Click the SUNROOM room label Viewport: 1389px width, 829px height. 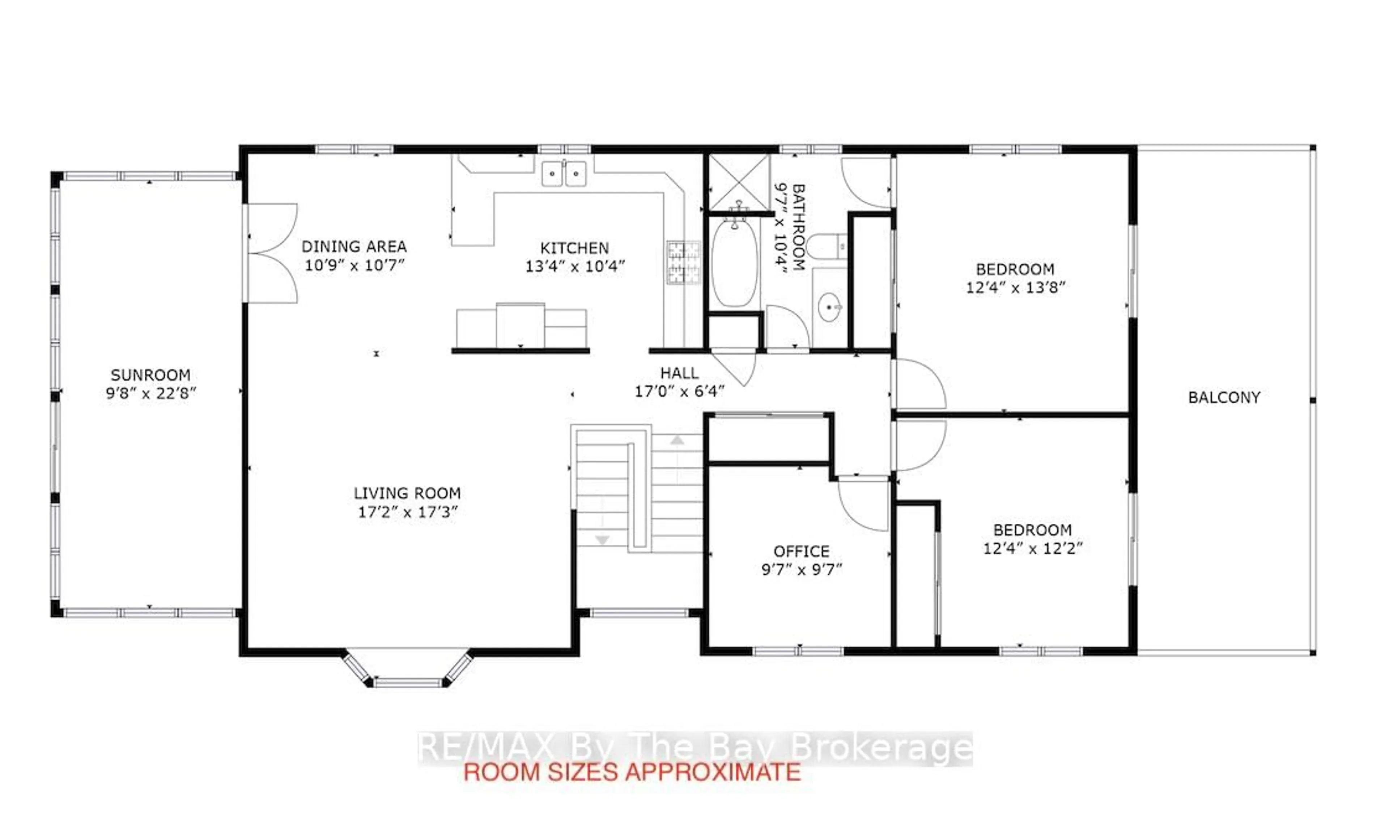[150, 375]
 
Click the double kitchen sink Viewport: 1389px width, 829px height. [564, 174]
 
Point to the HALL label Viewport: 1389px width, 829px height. [679, 373]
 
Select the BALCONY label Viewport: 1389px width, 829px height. [1224, 398]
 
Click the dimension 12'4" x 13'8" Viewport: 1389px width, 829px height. [1015, 288]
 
